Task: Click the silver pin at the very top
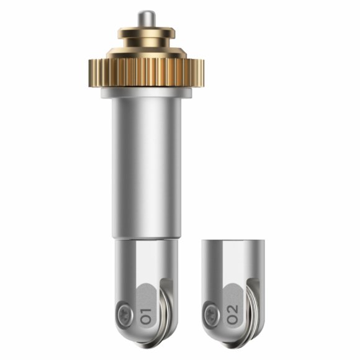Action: tap(146, 19)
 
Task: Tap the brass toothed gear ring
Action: tap(146, 73)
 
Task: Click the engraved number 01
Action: tap(146, 316)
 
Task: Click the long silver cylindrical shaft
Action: tap(146, 168)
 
